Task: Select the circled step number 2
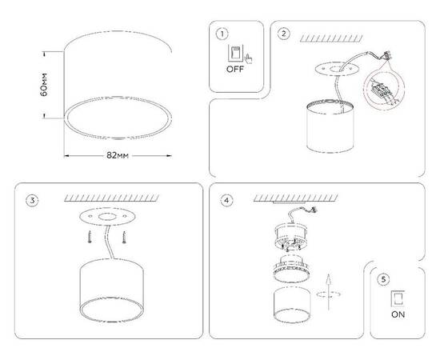point(284,34)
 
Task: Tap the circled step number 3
point(31,200)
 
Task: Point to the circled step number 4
point(227,200)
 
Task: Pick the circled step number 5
point(385,279)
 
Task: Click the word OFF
point(234,70)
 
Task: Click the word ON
point(398,314)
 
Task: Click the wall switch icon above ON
point(397,298)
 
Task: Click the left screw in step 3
point(90,237)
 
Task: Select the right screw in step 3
point(126,237)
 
